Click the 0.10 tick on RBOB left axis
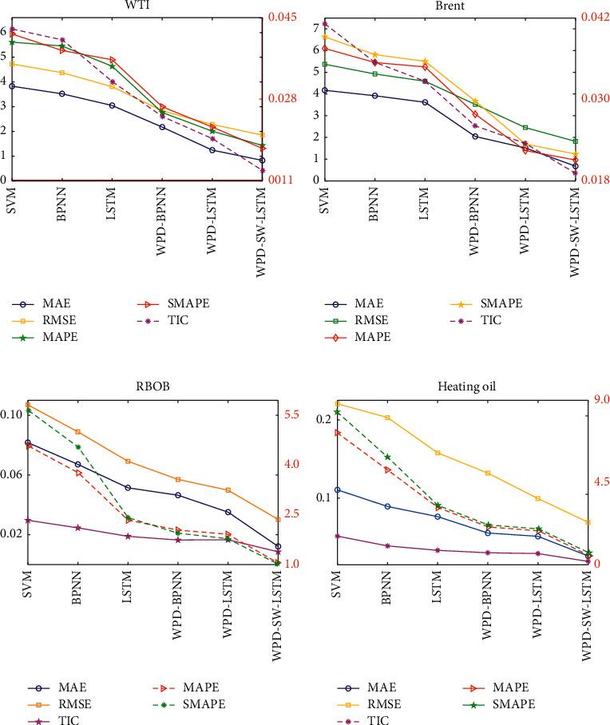pyautogui.click(x=13, y=415)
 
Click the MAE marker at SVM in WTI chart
pyautogui.click(x=12, y=85)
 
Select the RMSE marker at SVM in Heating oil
pyautogui.click(x=338, y=404)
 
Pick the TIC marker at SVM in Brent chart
pyautogui.click(x=325, y=24)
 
